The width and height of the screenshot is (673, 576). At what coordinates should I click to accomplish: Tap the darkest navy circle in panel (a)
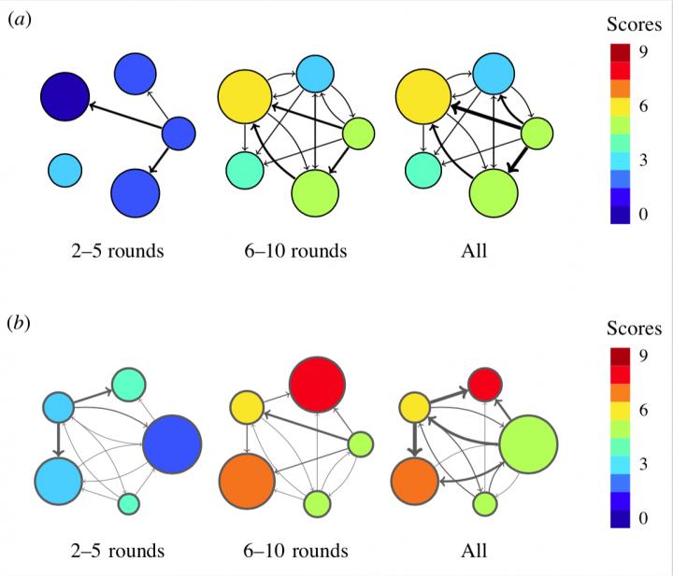click(x=64, y=94)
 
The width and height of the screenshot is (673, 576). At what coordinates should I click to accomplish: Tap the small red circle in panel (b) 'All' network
click(x=484, y=385)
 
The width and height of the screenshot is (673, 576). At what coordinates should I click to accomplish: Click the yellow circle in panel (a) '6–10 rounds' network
click(x=245, y=97)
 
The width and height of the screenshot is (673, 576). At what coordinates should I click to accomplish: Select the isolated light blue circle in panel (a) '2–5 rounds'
click(x=64, y=169)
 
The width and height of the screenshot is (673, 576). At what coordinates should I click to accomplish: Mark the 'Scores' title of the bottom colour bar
click(x=634, y=329)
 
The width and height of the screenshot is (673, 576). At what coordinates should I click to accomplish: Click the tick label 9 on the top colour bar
click(x=643, y=53)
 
